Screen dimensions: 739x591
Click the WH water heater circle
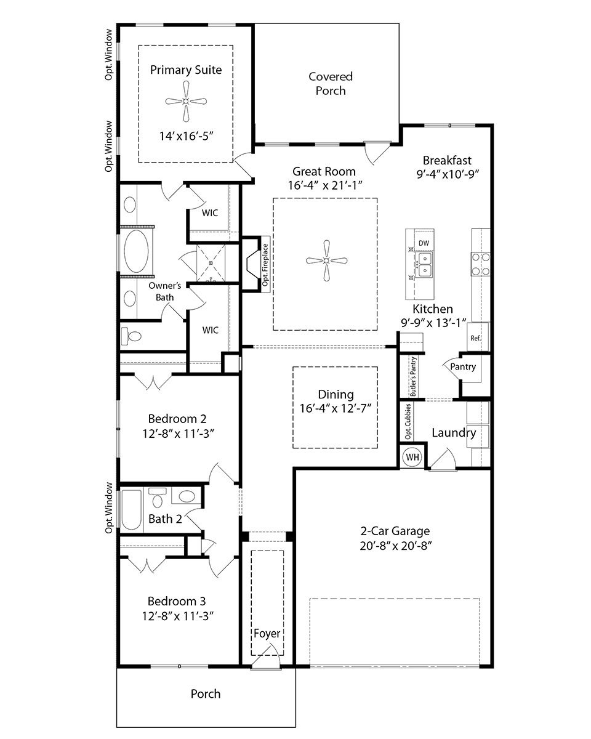(411, 458)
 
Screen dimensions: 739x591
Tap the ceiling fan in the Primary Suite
(186, 102)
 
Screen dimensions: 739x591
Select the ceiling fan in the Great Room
(324, 261)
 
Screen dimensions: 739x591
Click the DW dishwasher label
(424, 243)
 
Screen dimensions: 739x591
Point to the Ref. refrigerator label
(475, 338)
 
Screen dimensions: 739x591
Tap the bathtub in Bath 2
(131, 509)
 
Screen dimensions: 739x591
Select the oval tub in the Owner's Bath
(137, 252)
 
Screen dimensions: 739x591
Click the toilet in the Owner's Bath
(131, 336)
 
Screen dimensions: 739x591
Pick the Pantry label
(463, 367)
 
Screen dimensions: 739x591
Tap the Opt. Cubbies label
(408, 422)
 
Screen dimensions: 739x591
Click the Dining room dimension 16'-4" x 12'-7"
(336, 408)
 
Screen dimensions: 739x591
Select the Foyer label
(267, 634)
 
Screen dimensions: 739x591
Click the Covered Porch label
(331, 84)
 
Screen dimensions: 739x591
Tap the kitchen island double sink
(424, 266)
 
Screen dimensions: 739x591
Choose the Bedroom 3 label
(177, 601)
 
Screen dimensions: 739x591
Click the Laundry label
(453, 433)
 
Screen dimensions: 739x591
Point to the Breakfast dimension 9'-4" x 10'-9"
(448, 174)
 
